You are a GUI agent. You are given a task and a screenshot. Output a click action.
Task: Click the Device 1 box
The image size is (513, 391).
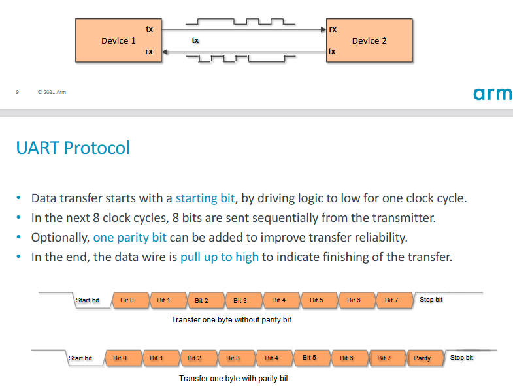click(x=118, y=40)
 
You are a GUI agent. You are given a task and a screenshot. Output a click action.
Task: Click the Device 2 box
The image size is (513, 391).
click(x=369, y=40)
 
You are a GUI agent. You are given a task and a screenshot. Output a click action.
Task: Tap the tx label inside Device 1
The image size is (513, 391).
click(x=150, y=29)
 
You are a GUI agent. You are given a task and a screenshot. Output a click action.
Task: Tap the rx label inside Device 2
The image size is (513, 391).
click(x=333, y=29)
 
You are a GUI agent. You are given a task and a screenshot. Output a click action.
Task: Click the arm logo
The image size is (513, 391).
click(x=493, y=94)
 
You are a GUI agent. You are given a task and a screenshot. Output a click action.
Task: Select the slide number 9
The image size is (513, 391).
click(x=17, y=92)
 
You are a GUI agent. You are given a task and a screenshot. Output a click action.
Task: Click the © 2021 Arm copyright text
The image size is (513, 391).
click(x=52, y=92)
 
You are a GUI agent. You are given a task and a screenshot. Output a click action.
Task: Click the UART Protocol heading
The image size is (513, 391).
click(x=73, y=148)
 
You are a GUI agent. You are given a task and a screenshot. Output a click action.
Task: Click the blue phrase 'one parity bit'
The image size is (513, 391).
click(x=129, y=237)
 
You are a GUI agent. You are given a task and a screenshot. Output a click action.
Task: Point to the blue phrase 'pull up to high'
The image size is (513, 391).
click(x=220, y=257)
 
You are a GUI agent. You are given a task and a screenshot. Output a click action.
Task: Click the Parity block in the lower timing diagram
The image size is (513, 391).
click(x=422, y=358)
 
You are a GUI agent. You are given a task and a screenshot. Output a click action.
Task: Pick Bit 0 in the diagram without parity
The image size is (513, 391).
click(x=127, y=300)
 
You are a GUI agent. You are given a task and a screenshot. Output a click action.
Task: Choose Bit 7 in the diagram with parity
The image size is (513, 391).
click(x=384, y=358)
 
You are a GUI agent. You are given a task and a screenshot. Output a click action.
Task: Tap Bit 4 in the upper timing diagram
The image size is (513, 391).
click(x=279, y=300)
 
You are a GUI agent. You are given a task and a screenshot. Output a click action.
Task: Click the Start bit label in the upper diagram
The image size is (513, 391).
click(x=88, y=300)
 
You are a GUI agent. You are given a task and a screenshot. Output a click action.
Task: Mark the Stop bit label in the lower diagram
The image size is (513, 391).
click(x=461, y=358)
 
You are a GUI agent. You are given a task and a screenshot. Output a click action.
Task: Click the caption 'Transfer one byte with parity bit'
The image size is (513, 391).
click(x=233, y=378)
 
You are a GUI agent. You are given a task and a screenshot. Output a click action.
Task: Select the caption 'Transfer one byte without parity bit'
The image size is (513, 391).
click(x=231, y=320)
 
